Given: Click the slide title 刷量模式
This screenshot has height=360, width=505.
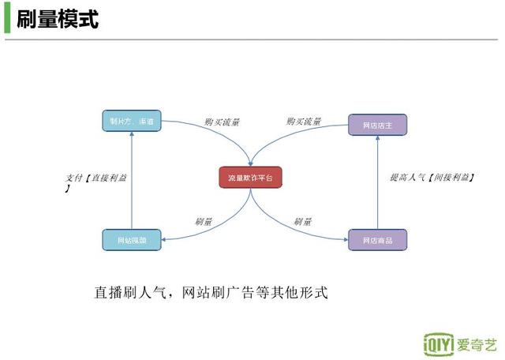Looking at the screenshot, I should coord(58,18).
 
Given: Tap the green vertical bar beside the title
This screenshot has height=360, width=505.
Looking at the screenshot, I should coord(7,18).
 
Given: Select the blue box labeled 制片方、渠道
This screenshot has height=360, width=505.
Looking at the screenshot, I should coord(132,121).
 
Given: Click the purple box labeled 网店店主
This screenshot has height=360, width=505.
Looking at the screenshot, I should coord(378,125).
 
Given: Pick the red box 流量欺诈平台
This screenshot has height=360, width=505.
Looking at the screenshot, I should coord(250,178).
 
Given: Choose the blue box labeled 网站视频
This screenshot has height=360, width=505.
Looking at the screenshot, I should coord(132,240).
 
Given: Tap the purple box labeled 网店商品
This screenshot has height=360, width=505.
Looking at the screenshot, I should coord(378,240).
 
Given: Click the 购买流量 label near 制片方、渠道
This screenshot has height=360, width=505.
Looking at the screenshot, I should coord(222,122).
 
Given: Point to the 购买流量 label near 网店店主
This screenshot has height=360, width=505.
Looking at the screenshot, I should coord(304,122).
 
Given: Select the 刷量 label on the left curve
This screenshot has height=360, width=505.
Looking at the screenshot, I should coord(204,222).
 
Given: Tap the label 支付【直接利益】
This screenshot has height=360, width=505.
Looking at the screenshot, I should coord(95,178).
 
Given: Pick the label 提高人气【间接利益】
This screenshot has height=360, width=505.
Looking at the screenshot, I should coord(432,178).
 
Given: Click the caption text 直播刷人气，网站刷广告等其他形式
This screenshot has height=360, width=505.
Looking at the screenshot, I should coord(211,293).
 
